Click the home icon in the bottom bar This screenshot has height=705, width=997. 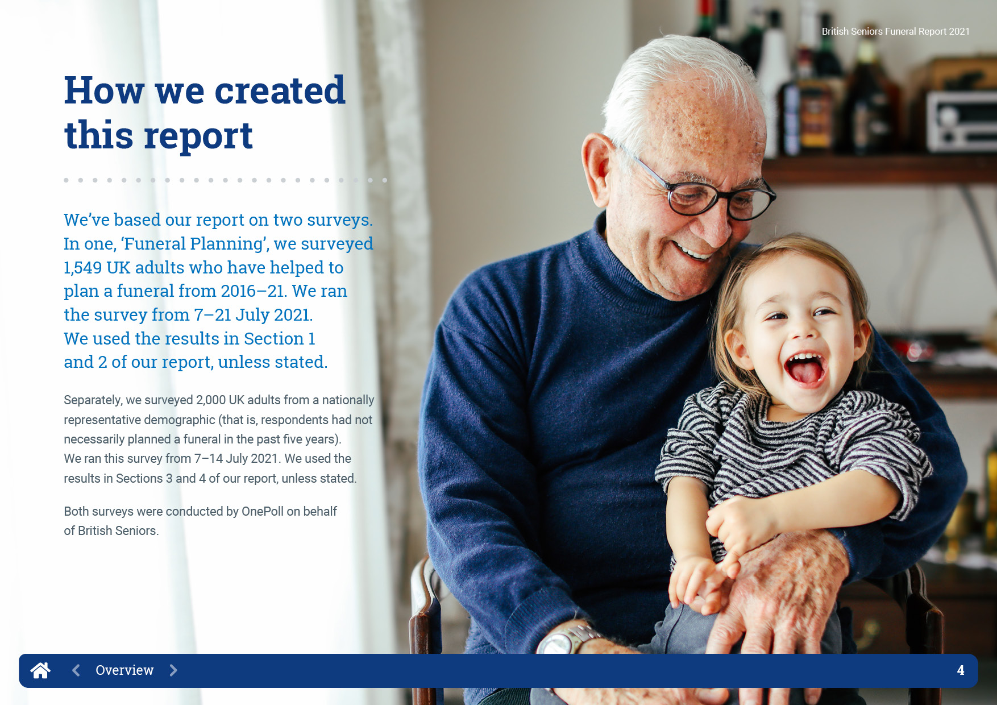pyautogui.click(x=40, y=670)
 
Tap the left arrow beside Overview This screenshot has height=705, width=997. pyautogui.click(x=76, y=670)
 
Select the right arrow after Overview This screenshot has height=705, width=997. pyautogui.click(x=173, y=670)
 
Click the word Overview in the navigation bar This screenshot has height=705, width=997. pyautogui.click(x=124, y=670)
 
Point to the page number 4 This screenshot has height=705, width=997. pyautogui.click(x=961, y=670)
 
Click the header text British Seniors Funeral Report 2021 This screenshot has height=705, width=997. pyautogui.click(x=896, y=32)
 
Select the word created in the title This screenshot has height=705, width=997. pyautogui.click(x=280, y=90)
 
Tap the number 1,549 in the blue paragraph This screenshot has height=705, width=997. pyautogui.click(x=83, y=268)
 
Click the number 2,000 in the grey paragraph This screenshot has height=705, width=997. pyautogui.click(x=211, y=400)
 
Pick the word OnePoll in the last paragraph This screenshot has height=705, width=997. pyautogui.click(x=263, y=512)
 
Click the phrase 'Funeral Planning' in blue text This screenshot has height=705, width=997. pyautogui.click(x=194, y=244)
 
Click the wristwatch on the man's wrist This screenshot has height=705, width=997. pyautogui.click(x=566, y=639)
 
